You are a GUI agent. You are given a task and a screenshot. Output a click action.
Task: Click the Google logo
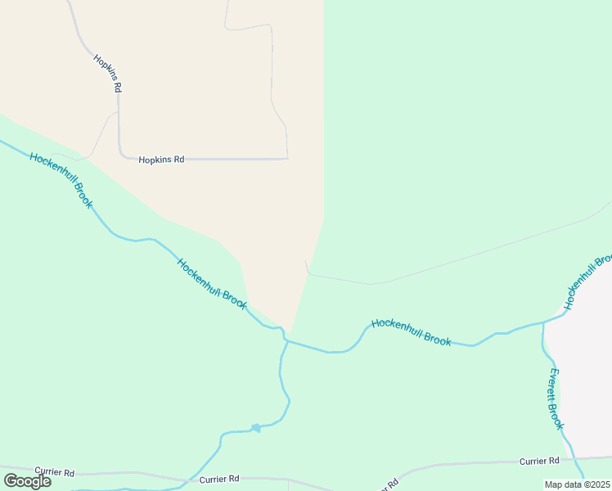point(27,480)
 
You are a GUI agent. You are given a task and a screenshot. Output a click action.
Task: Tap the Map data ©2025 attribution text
point(577,484)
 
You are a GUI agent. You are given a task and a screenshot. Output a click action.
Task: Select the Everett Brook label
point(556,399)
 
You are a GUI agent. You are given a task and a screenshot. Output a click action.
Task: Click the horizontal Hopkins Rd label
point(161,160)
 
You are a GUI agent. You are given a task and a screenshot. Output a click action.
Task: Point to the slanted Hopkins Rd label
point(107,73)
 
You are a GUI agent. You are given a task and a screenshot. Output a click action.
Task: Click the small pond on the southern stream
point(255,428)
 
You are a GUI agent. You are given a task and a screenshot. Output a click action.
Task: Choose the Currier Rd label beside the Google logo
point(55,473)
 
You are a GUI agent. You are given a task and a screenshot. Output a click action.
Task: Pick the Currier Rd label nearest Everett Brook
point(539,462)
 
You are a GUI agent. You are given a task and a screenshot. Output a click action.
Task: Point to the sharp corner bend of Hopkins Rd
point(120,153)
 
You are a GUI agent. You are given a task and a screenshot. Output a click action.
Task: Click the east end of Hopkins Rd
point(287,158)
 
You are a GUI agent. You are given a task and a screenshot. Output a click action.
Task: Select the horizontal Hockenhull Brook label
point(411,332)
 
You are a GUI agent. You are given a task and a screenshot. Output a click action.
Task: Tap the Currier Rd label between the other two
point(219,479)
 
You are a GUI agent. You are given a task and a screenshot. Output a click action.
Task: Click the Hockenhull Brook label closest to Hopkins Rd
point(61,179)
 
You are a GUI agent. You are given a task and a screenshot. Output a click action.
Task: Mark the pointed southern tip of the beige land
point(290,331)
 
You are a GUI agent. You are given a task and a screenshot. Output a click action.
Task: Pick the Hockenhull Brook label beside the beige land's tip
point(212,283)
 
